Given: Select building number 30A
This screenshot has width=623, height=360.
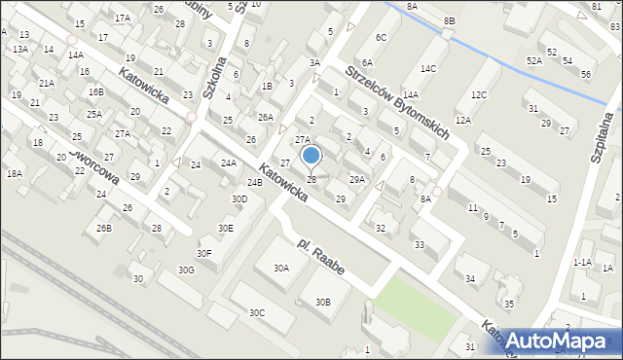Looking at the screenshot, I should [282, 268].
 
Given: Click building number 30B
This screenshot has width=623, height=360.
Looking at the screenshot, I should [323, 303].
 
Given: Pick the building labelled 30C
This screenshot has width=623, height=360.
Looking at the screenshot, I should [256, 312].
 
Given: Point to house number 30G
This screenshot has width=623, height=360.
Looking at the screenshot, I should [185, 270].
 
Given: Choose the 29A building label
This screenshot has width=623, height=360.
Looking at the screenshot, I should [357, 179].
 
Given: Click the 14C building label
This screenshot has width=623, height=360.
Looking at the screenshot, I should [428, 69].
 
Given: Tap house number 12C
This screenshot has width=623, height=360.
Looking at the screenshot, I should [478, 94].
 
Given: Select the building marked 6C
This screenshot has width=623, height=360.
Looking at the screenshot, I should [382, 38].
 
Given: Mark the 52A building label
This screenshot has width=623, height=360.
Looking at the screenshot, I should [533, 60].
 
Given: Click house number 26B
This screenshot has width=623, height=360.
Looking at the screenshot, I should [103, 228].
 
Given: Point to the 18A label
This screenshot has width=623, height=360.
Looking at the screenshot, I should [14, 173].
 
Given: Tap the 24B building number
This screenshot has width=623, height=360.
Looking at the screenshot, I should [254, 183].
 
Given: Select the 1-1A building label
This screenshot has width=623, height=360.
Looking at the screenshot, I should [582, 263].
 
